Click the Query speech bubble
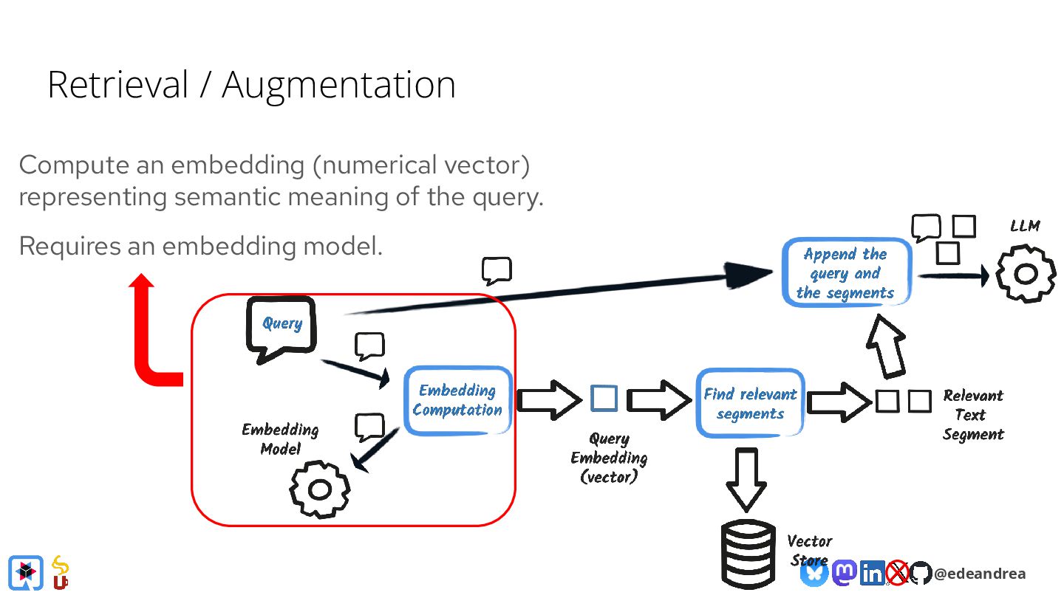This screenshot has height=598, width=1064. [x=281, y=326]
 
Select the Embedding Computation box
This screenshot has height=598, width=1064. [x=457, y=400]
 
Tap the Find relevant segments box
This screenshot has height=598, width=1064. [x=750, y=403]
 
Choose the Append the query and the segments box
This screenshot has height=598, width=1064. [x=845, y=273]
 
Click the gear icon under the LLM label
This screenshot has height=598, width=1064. [x=1026, y=275]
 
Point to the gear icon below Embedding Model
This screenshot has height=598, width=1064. [x=319, y=489]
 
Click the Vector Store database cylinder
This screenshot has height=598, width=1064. [x=747, y=554]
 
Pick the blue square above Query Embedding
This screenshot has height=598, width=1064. [x=604, y=399]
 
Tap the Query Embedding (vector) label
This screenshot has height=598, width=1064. [x=609, y=458]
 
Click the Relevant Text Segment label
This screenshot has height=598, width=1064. [x=973, y=415]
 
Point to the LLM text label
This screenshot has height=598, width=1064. [x=1025, y=226]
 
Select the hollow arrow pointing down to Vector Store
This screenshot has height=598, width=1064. [x=746, y=478]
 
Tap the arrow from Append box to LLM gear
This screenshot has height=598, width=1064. [x=953, y=276]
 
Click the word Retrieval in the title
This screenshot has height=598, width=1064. [x=118, y=85]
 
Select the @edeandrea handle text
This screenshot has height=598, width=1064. [x=979, y=574]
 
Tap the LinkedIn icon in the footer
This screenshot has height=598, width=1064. [x=872, y=573]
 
